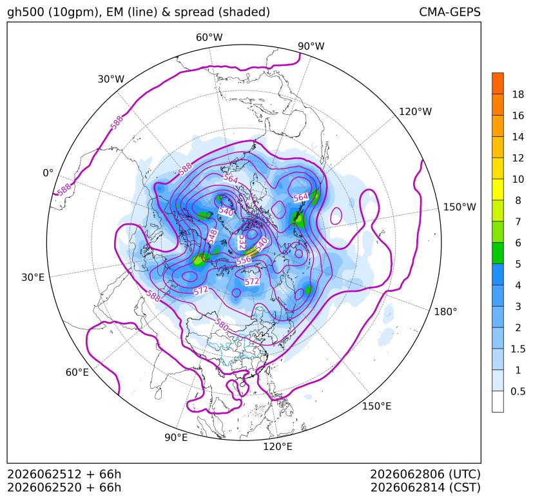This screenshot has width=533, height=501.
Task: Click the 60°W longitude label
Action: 209,37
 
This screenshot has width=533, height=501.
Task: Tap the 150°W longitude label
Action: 460,207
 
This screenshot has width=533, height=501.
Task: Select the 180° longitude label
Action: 445,312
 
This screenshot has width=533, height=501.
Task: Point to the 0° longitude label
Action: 48,173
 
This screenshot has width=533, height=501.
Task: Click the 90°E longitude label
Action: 176,437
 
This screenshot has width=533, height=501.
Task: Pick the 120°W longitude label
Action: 415,112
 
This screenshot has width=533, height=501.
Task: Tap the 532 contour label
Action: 242,242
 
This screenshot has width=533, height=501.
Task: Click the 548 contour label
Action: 213,236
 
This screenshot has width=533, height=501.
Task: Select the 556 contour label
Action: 244,261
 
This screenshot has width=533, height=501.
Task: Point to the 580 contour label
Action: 222,325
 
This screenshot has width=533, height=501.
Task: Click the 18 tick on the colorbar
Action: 518,94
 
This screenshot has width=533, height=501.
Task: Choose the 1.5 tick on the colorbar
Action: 518,349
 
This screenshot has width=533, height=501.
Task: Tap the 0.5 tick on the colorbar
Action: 518,391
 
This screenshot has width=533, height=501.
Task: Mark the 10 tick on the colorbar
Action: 518,179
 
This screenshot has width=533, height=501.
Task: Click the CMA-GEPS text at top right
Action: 450,12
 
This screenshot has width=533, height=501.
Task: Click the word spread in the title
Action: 193,12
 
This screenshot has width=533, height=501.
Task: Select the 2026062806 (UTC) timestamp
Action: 425,474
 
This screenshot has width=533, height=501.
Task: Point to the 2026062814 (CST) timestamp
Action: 425,487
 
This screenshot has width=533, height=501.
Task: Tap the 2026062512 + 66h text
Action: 64,474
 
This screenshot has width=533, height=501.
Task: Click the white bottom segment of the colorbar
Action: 498,402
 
